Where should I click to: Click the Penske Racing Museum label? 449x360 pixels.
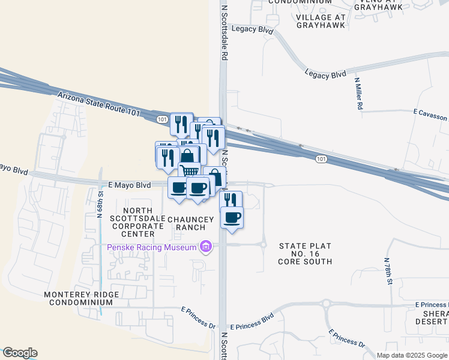152,247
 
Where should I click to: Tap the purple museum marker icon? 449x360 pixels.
206,247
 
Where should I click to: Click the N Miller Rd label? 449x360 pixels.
358,93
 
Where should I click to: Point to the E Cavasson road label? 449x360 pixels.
431,112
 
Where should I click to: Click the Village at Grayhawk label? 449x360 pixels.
321,22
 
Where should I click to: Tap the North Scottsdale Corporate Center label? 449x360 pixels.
136,222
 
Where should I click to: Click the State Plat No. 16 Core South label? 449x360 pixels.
305,254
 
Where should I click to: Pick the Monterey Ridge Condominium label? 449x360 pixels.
78,298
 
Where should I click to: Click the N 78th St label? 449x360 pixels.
389,271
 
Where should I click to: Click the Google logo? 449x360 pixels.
20,353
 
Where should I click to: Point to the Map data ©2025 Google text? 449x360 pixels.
412,355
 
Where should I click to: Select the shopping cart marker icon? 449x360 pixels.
190,171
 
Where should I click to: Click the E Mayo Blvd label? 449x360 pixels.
125,186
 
